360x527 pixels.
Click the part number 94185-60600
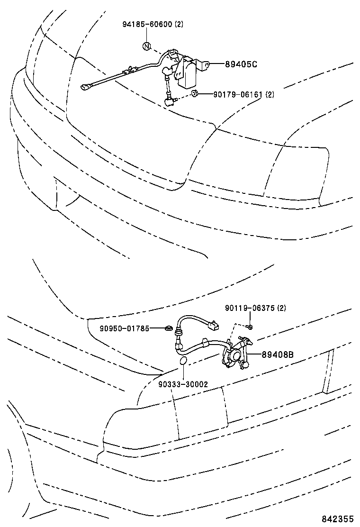point(146,26)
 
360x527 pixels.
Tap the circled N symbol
point(147,46)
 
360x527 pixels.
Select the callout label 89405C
point(241,64)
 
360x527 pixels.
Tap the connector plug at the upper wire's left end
point(85,87)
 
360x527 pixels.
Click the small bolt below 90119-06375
point(251,327)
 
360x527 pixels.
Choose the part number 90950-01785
point(125,327)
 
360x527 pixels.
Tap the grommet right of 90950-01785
point(168,328)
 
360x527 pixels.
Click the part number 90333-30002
point(183,384)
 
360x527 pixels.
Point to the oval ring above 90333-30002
point(183,363)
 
